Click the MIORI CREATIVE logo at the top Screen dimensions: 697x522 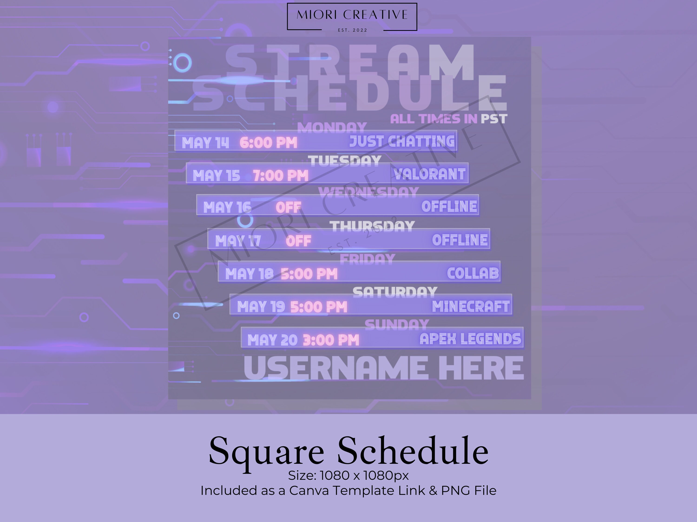352,17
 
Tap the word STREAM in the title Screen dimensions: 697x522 349,62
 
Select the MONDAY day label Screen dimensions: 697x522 332,127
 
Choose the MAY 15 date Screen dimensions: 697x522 216,176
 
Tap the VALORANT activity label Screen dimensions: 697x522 430,174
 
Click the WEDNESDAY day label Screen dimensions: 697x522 368,192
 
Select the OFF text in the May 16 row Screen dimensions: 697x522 288,208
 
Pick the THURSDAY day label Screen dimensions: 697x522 372,226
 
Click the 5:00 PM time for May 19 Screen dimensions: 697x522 319,307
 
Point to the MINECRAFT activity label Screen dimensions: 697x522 471,306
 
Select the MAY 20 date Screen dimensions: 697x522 272,340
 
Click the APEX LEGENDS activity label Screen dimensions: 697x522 470,339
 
